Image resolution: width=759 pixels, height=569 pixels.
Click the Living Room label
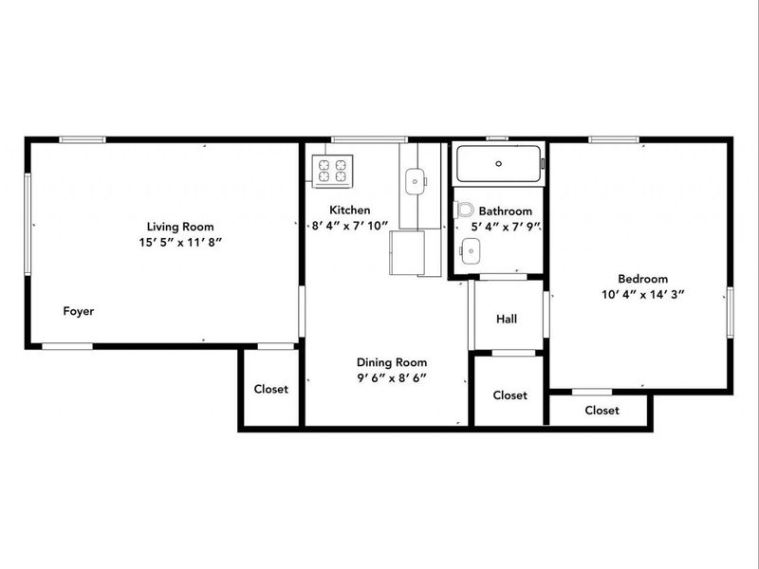(x=179, y=227)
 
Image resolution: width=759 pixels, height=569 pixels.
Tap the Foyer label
(x=79, y=311)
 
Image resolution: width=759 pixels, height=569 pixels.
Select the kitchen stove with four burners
(x=331, y=171)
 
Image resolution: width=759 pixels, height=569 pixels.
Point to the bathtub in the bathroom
(x=499, y=164)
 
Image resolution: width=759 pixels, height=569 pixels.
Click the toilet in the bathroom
(x=464, y=210)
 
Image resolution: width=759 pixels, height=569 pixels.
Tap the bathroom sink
(x=470, y=249)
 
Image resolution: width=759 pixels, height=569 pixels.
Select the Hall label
(x=507, y=319)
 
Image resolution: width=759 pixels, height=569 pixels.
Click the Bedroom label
(x=643, y=279)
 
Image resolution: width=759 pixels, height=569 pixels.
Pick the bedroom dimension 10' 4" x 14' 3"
(x=643, y=294)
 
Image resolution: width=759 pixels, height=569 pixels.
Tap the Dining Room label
(x=392, y=362)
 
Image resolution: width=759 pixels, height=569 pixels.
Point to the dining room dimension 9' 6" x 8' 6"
(x=392, y=377)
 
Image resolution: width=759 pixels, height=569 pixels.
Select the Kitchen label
(x=349, y=211)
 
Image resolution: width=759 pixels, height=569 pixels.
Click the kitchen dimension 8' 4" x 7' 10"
(x=349, y=226)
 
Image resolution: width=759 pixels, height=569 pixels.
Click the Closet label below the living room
(x=270, y=389)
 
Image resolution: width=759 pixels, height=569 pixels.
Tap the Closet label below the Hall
(x=510, y=395)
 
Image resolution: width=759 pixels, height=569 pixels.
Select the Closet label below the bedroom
(x=602, y=411)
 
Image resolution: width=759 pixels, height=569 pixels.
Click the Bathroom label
(x=505, y=211)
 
